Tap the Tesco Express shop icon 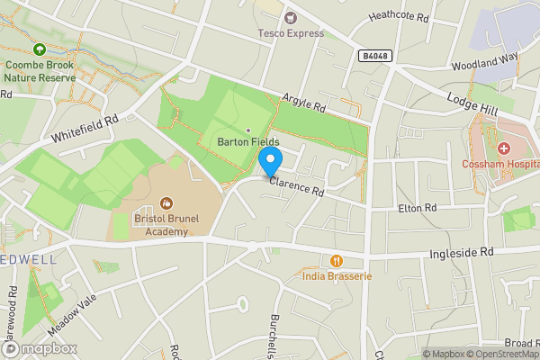290,17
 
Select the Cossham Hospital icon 504,148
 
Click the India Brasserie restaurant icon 337,261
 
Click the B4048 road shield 375,56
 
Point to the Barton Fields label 247,142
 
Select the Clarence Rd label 296,185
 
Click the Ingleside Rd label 463,255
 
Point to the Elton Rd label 417,208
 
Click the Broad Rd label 521,343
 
